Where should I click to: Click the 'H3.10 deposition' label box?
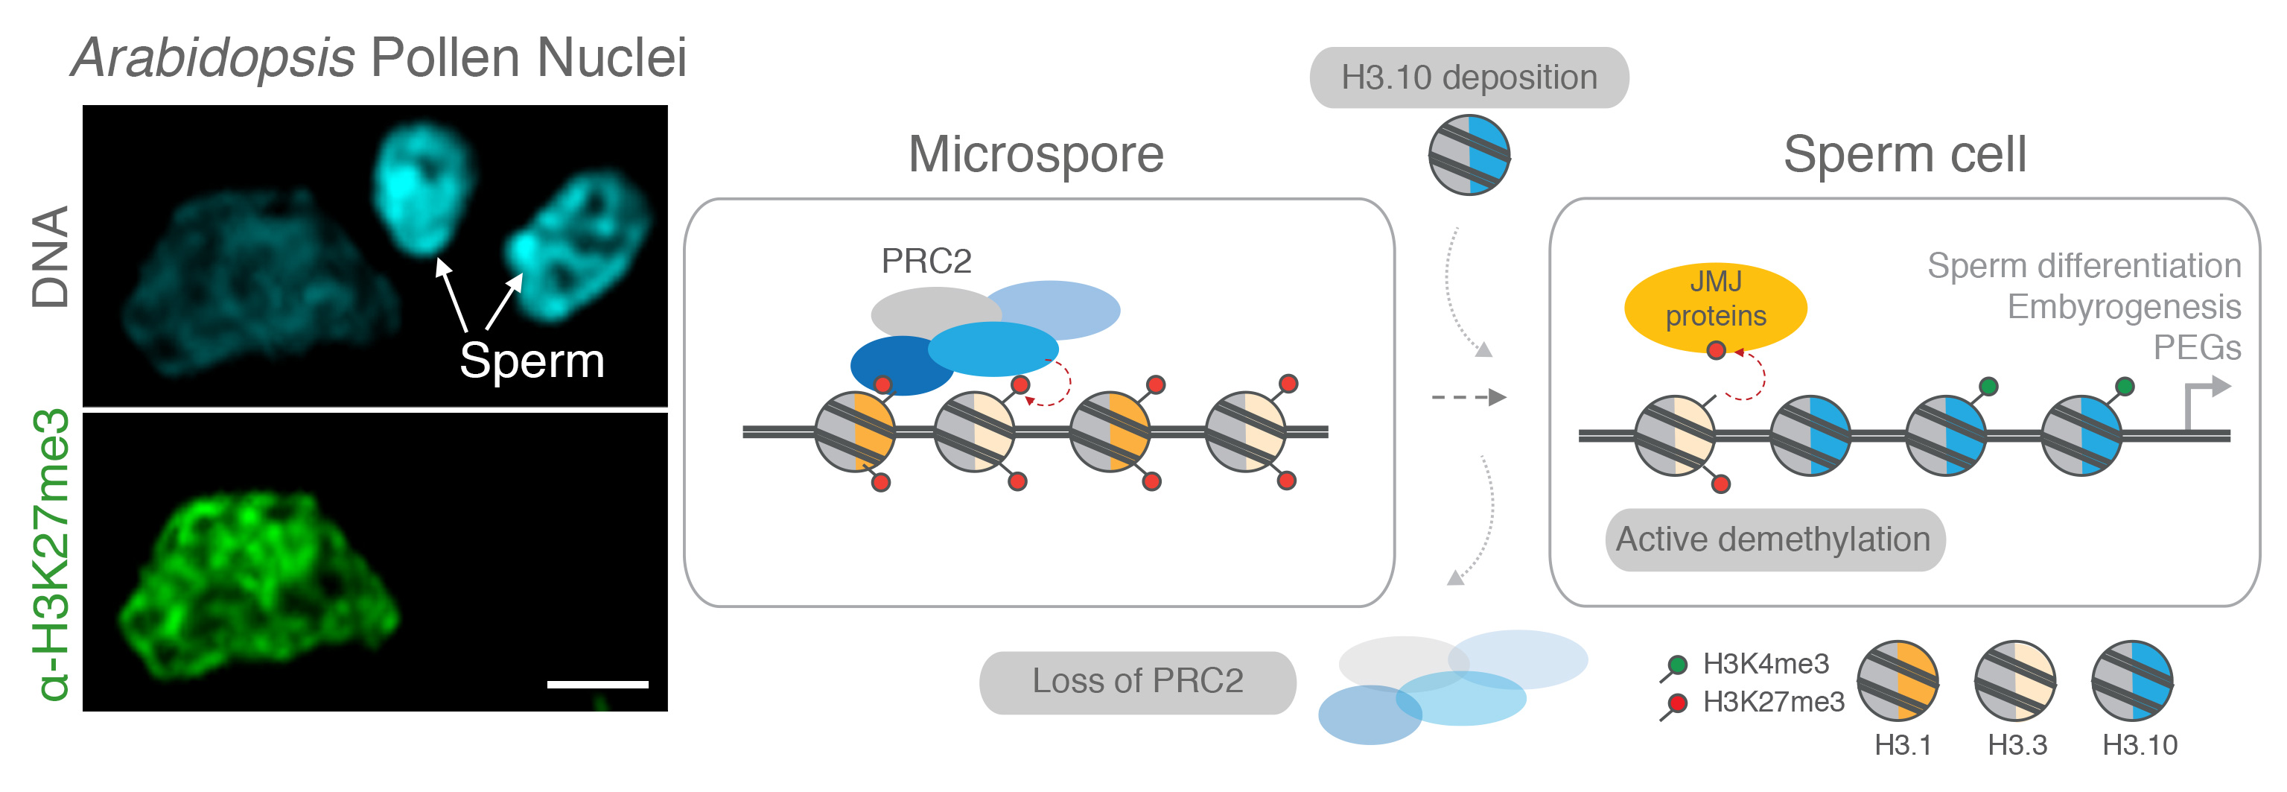pyautogui.click(x=1469, y=78)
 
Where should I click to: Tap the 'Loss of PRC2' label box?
pyautogui.click(x=1137, y=681)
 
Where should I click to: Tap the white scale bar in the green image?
pyautogui.click(x=597, y=685)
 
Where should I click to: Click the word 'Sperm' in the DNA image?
pyautogui.click(x=532, y=361)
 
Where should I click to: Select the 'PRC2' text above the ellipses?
pyautogui.click(x=926, y=261)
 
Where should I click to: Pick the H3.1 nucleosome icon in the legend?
pyautogui.click(x=1898, y=681)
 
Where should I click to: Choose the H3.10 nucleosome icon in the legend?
pyautogui.click(x=2133, y=681)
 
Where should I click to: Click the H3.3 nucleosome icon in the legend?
pyautogui.click(x=2014, y=681)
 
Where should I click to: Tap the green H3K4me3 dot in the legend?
pyautogui.click(x=1677, y=664)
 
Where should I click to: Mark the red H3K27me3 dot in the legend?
pyautogui.click(x=1677, y=703)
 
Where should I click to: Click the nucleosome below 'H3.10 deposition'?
pyautogui.click(x=1469, y=156)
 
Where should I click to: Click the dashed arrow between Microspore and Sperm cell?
pyautogui.click(x=1469, y=397)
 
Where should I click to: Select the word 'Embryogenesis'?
pyautogui.click(x=2124, y=307)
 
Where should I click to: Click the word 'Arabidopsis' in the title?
pyautogui.click(x=214, y=59)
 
